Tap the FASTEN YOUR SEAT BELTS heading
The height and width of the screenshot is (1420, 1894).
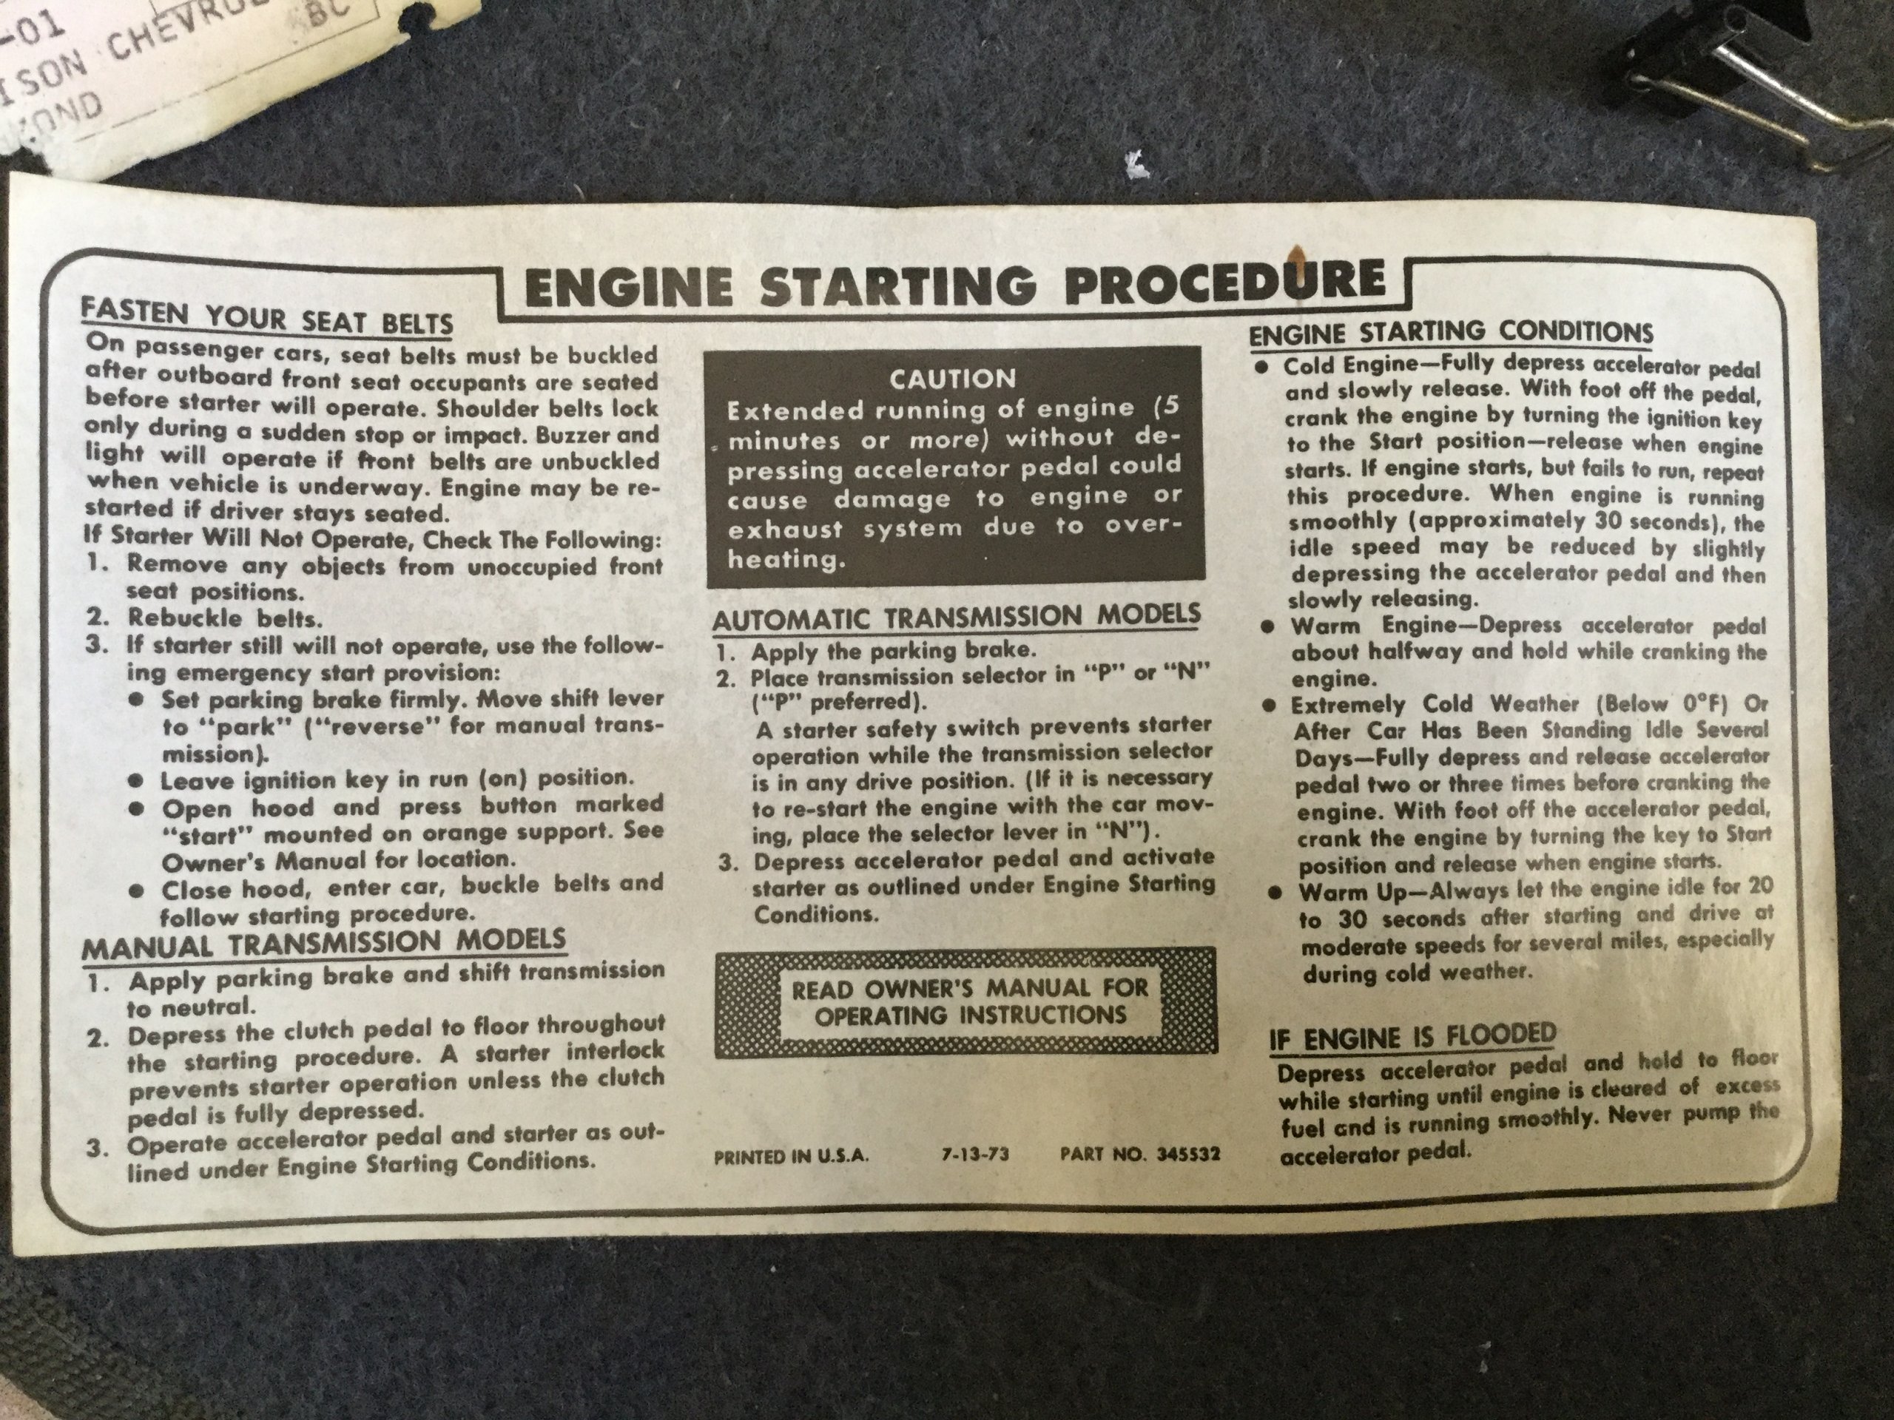[267, 317]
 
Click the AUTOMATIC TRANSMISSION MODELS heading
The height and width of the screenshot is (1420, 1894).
[957, 617]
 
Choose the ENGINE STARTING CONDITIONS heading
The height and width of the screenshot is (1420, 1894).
[1452, 332]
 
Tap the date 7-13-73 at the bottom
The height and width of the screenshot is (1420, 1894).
[975, 1154]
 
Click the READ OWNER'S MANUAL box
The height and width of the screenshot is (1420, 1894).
[965, 1001]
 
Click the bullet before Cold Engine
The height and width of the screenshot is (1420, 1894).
[1263, 365]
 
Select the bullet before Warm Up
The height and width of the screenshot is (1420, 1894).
[1275, 893]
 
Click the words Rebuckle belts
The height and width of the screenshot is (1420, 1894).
[225, 617]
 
